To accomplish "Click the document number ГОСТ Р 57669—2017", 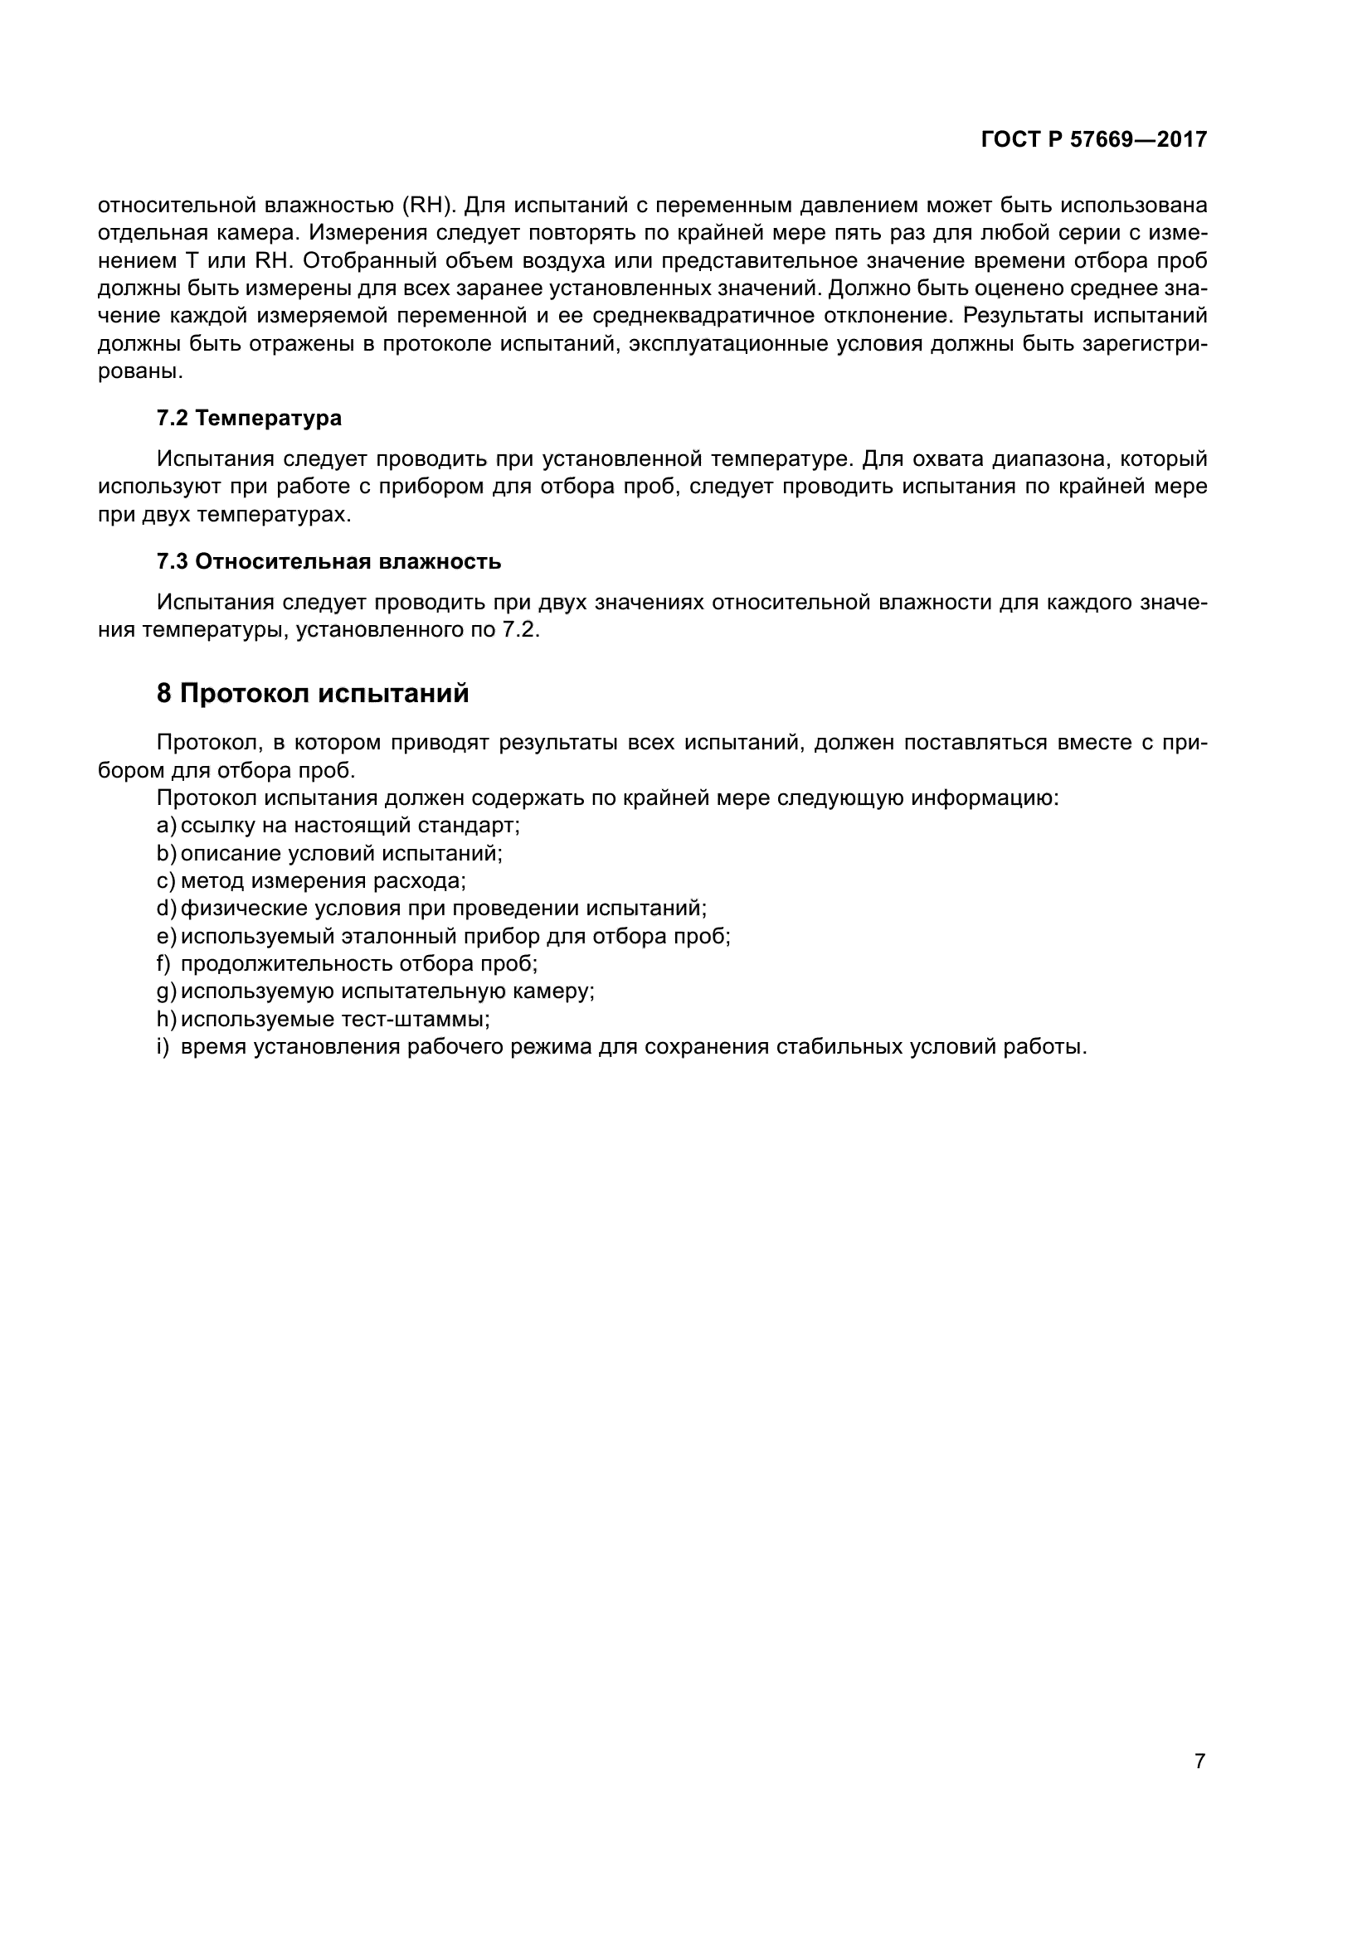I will tap(1093, 139).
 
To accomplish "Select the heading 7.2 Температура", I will tap(249, 418).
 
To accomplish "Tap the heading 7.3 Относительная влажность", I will tap(328, 561).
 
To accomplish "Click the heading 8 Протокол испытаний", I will tap(313, 693).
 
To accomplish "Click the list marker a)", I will tap(166, 825).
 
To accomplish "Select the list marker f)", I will tap(164, 963).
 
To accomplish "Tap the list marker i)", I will tap(163, 1047).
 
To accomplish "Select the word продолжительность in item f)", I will tap(286, 963).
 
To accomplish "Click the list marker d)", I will tap(166, 909).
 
